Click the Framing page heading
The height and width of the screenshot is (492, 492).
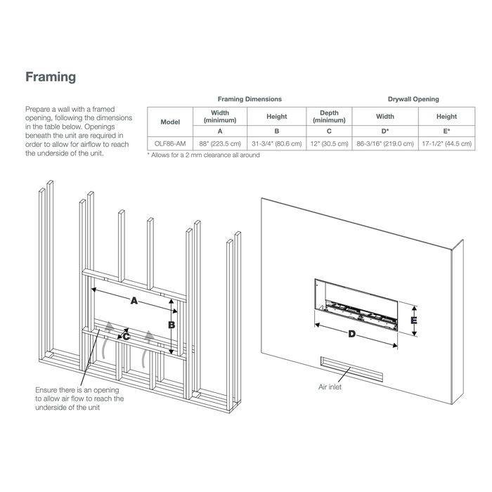51,77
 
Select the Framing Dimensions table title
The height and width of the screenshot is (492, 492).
250,99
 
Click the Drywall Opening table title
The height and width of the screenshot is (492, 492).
413,99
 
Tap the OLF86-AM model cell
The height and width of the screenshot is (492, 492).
171,143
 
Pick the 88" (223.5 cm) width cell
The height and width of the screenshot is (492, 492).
220,143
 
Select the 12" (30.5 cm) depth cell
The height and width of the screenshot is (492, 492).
328,143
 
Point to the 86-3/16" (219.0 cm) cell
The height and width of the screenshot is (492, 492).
384,143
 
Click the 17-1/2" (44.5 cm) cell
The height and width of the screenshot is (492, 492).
446,143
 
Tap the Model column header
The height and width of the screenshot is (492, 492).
171,122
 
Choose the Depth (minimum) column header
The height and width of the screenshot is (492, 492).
328,117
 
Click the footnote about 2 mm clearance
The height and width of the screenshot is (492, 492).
203,155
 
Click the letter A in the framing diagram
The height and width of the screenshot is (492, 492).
133,300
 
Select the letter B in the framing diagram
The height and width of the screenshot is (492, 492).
170,325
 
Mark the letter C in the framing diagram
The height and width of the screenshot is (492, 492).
127,337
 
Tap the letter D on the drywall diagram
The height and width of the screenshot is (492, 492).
351,334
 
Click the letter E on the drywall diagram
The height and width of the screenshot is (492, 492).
414,320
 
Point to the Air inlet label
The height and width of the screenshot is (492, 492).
330,387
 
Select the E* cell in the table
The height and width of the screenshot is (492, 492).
446,131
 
